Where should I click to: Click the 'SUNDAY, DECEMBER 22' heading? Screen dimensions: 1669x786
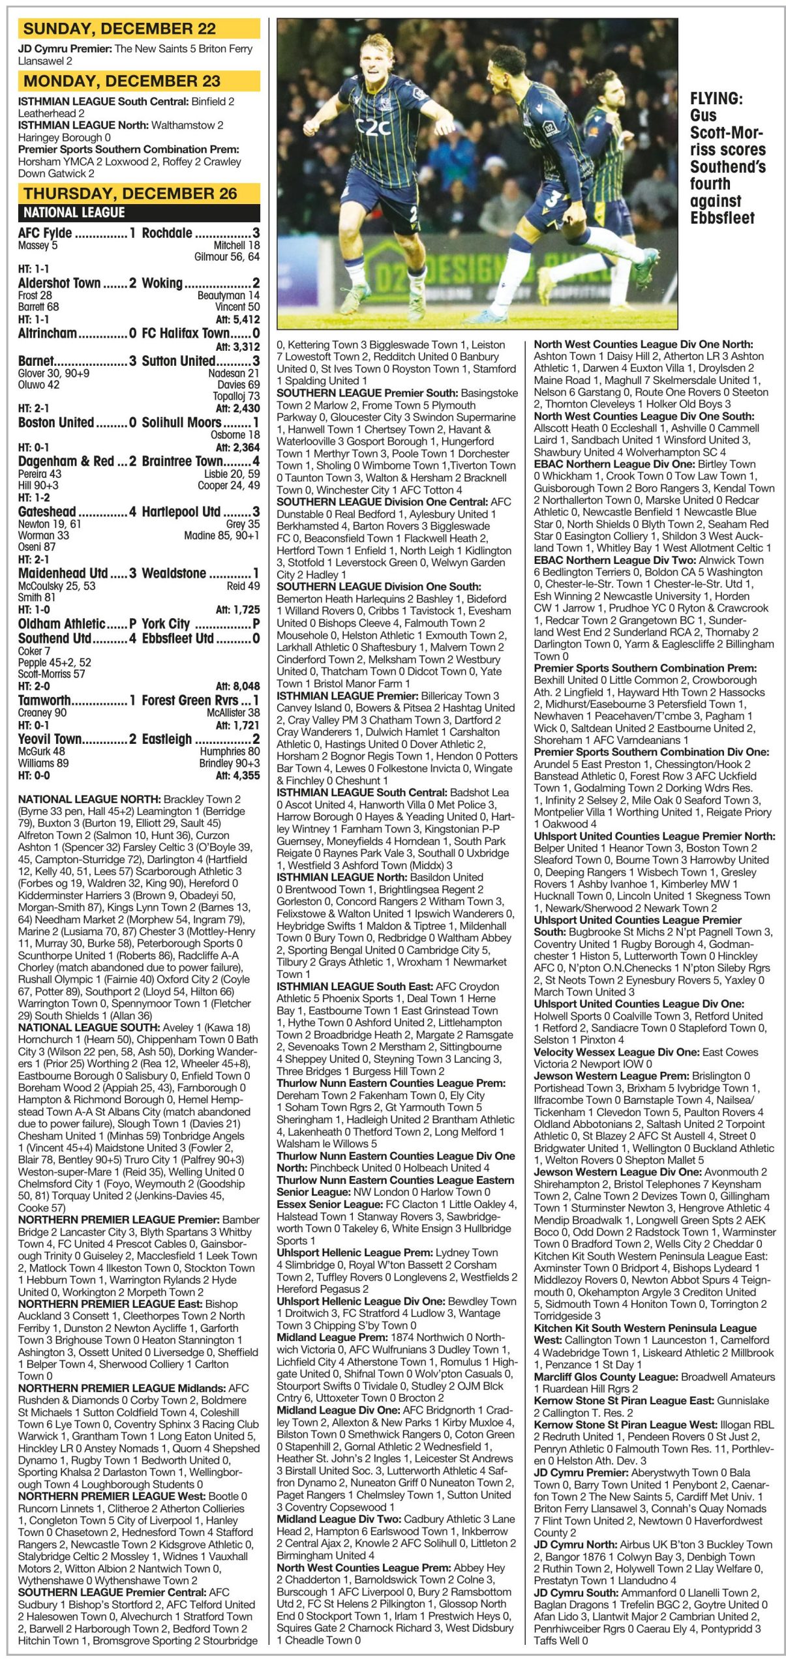pyautogui.click(x=119, y=29)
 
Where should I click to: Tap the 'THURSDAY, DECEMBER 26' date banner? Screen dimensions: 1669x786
pyautogui.click(x=130, y=194)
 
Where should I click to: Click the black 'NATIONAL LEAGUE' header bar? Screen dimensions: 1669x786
pyautogui.click(x=74, y=213)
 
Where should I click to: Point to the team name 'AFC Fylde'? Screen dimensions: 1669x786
pyautogui.click(x=45, y=233)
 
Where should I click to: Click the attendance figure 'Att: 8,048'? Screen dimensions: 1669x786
pyautogui.click(x=237, y=687)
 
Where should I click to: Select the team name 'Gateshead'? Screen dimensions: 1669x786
pyautogui.click(x=47, y=512)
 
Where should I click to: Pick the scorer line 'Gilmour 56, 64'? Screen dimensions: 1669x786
pyautogui.click(x=227, y=258)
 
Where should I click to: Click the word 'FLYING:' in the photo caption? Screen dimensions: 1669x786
pyautogui.click(x=716, y=99)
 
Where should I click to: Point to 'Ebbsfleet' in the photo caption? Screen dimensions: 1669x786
pyautogui.click(x=722, y=218)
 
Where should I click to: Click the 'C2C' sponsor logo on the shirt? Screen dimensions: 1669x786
pyautogui.click(x=374, y=128)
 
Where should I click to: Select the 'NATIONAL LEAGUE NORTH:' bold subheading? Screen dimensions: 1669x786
pyautogui.click(x=89, y=799)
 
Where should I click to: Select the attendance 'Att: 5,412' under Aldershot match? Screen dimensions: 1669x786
pyautogui.click(x=237, y=320)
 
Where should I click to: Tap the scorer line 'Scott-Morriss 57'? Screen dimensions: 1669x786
pyautogui.click(x=52, y=674)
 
